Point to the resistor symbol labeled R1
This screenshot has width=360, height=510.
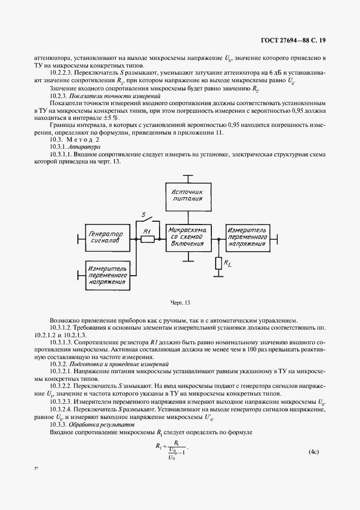147,238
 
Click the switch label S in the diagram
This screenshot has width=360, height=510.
143,215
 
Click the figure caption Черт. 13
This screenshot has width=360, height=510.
180,302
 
